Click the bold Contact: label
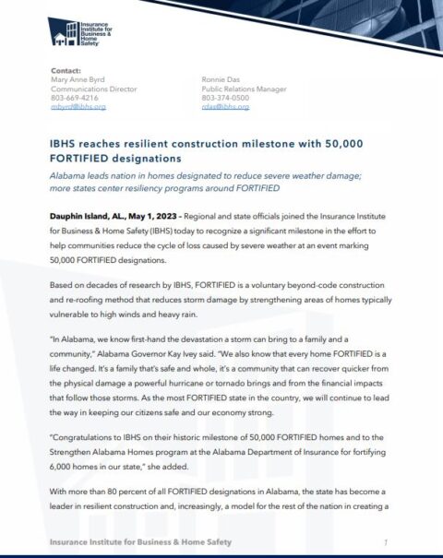(x=66, y=69)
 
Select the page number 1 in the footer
(x=385, y=541)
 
